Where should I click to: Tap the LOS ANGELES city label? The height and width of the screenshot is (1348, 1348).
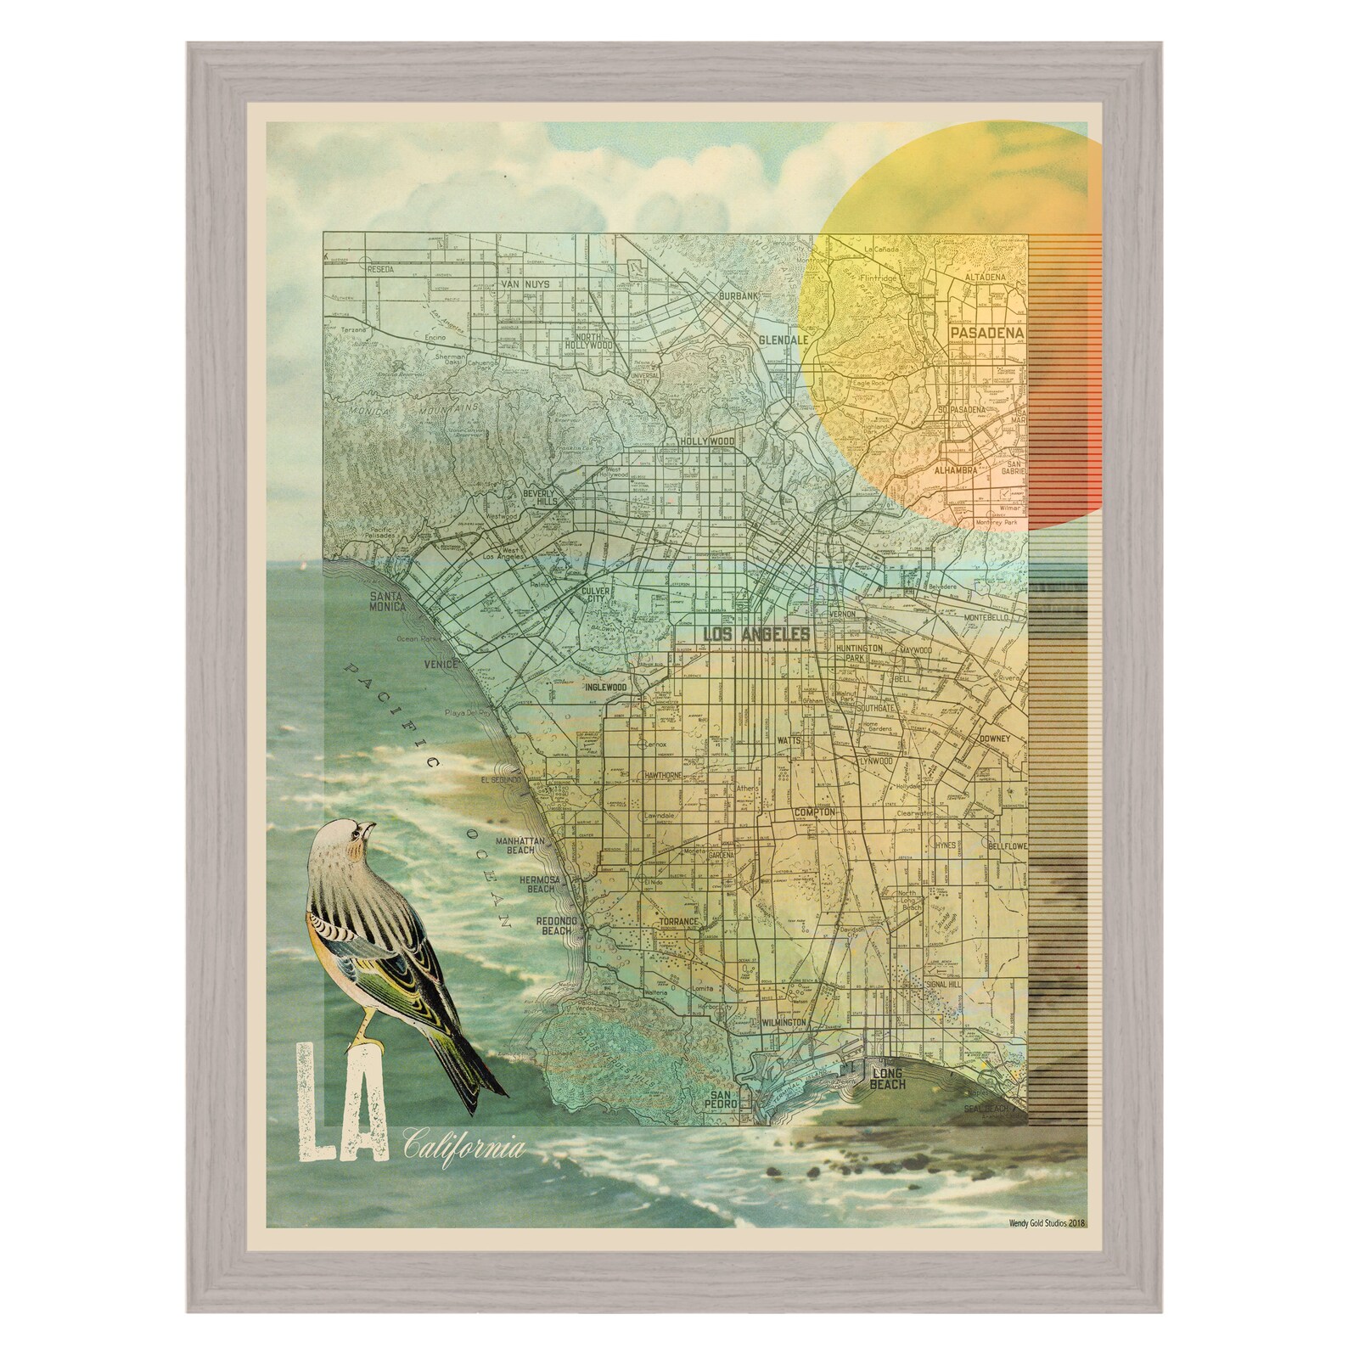(744, 633)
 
